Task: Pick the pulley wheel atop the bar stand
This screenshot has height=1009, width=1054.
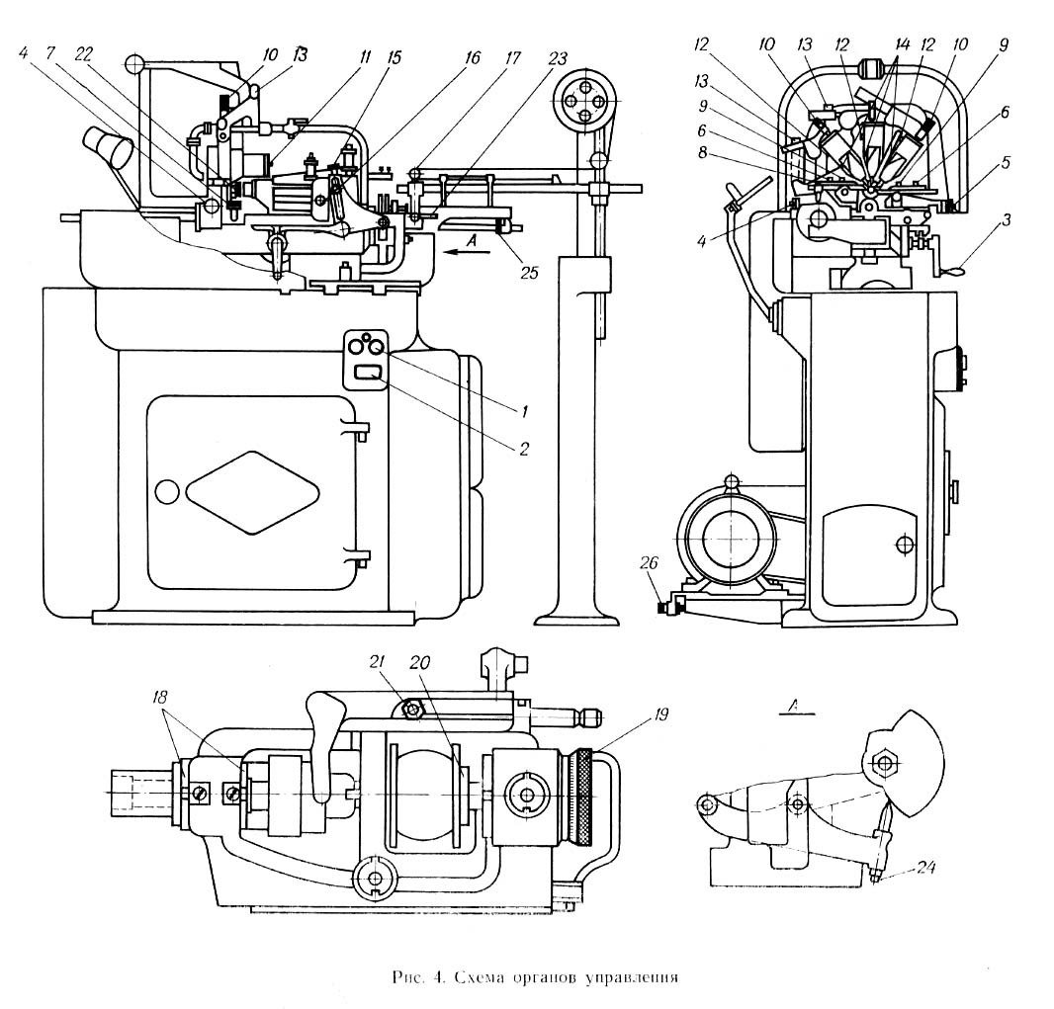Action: point(582,100)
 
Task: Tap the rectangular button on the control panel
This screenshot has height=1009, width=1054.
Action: point(368,374)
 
